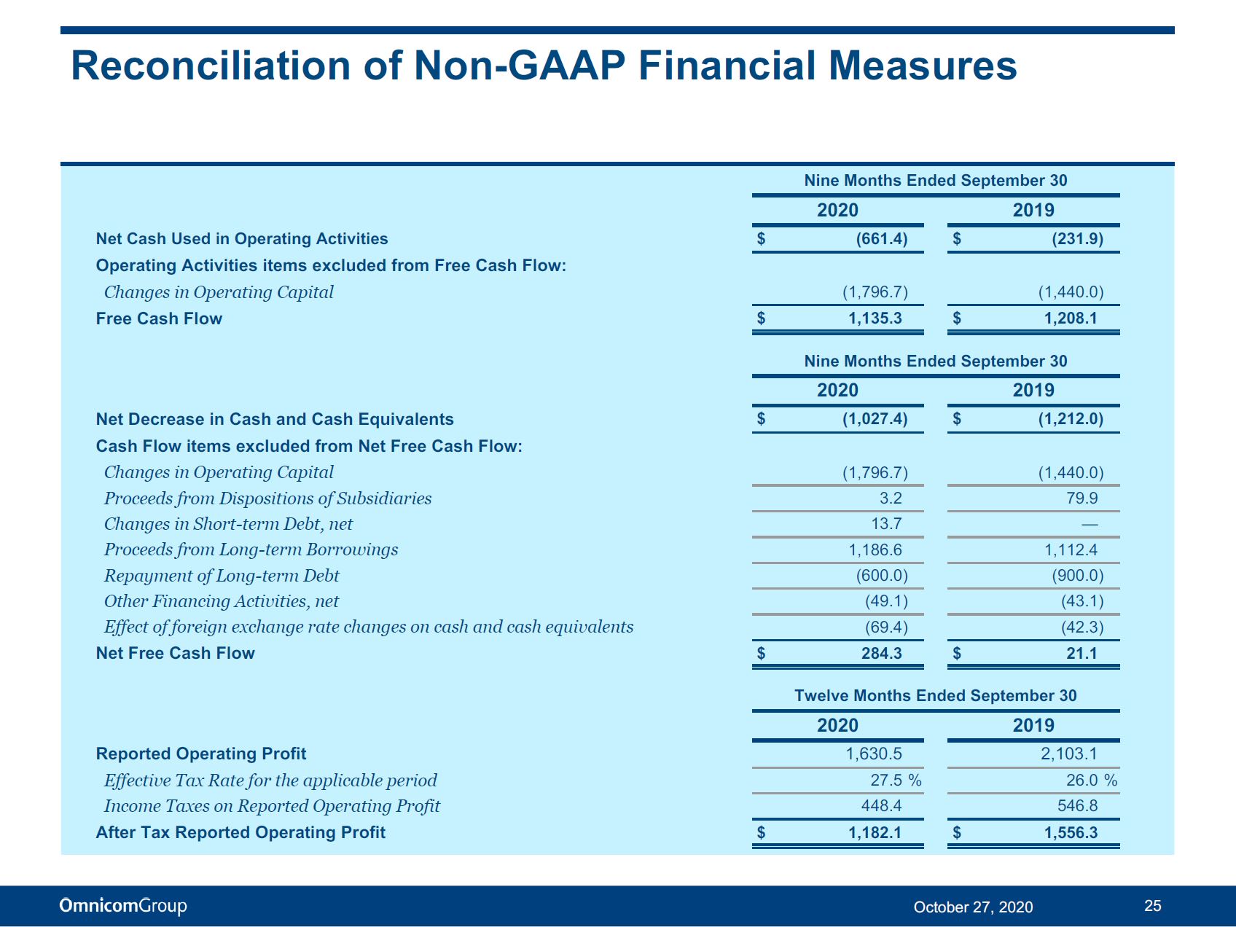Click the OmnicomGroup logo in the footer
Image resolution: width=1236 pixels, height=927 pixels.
123,906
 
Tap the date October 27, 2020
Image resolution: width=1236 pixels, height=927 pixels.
973,907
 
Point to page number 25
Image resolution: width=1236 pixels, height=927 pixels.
1153,906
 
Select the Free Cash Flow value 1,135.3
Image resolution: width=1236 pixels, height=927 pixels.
875,318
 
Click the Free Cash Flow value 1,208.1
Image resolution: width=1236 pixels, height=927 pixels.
1071,318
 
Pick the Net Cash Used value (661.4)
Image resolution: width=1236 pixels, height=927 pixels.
882,239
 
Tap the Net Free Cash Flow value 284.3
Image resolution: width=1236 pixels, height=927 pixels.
882,653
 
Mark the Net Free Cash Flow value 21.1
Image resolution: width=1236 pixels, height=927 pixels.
1081,653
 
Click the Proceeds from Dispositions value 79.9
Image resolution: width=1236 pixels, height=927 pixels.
1082,498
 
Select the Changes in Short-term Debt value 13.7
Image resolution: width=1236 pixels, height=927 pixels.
886,524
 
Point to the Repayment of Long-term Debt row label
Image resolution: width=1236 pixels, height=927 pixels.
222,576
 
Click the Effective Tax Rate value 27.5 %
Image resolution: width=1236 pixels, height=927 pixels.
896,781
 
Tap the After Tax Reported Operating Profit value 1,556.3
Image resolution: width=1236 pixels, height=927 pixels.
1071,833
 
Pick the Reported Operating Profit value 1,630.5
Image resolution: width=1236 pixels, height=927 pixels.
874,754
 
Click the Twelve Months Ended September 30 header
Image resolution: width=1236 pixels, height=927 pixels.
936,696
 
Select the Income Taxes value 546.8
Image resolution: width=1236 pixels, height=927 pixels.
1078,806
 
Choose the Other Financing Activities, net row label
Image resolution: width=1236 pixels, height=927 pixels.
222,601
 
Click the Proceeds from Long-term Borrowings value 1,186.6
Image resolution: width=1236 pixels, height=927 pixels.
875,550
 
